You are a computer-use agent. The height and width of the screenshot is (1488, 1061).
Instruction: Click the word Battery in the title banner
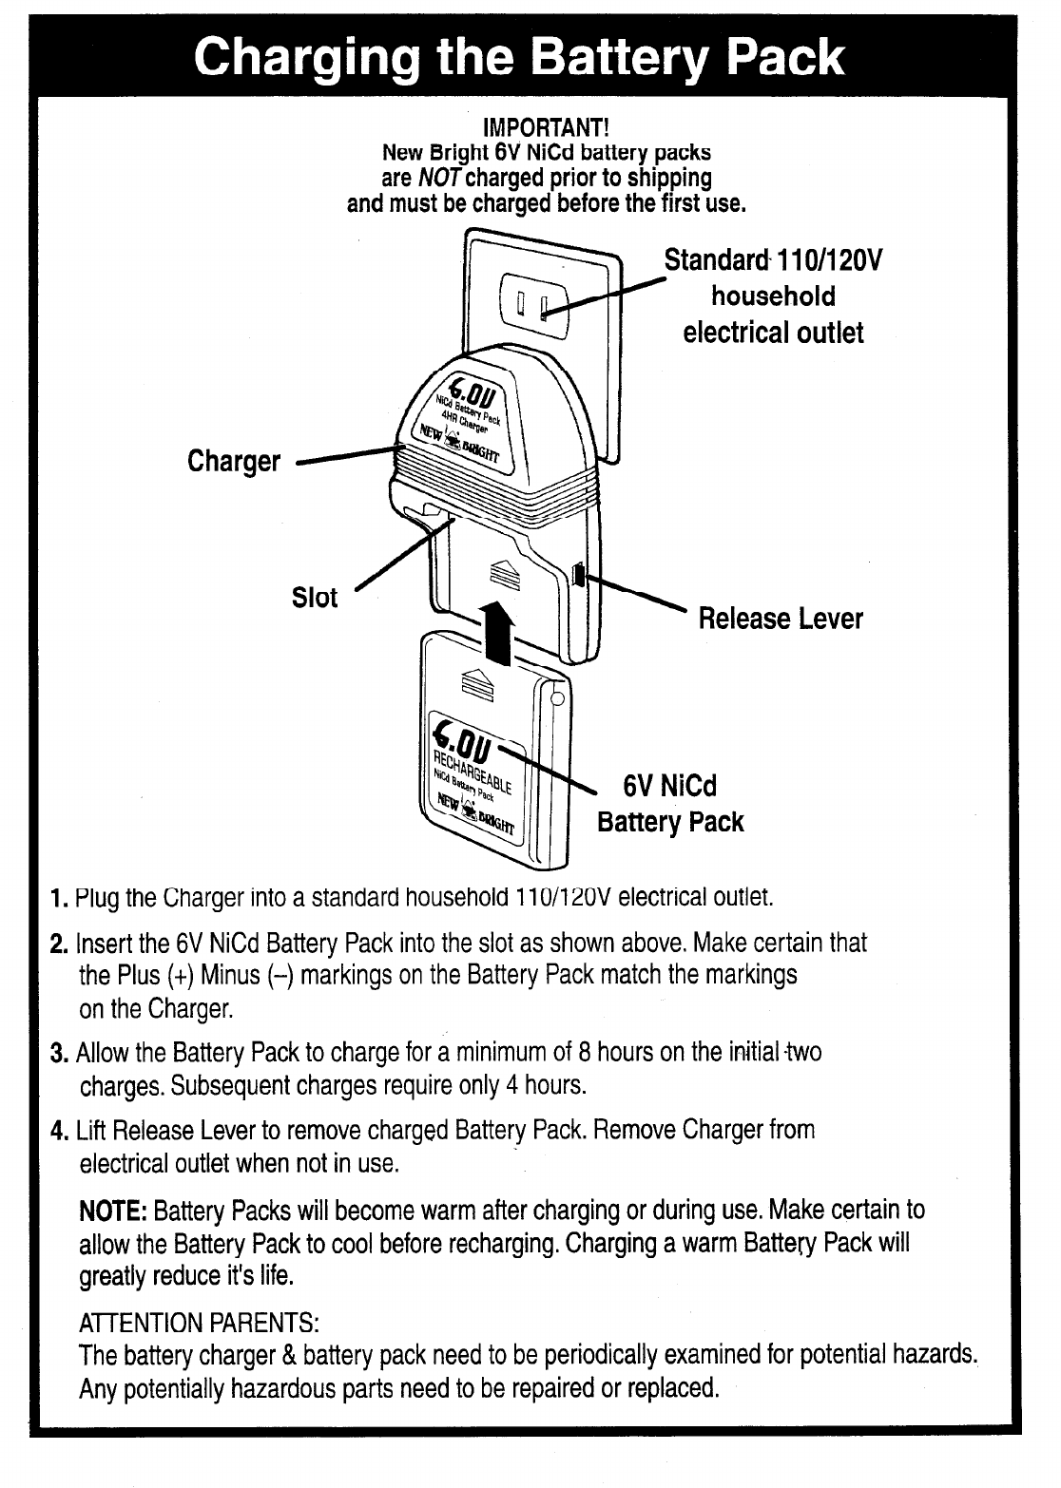pyautogui.click(x=616, y=56)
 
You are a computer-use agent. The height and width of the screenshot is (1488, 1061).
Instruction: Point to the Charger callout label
pyautogui.click(x=234, y=462)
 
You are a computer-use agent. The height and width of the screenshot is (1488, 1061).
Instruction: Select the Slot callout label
pyautogui.click(x=314, y=599)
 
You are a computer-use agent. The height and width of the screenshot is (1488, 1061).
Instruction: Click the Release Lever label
pyautogui.click(x=781, y=620)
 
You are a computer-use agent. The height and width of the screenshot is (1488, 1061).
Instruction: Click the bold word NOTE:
pyautogui.click(x=112, y=1211)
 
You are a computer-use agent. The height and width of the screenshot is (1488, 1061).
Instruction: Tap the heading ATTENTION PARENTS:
pyautogui.click(x=199, y=1323)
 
